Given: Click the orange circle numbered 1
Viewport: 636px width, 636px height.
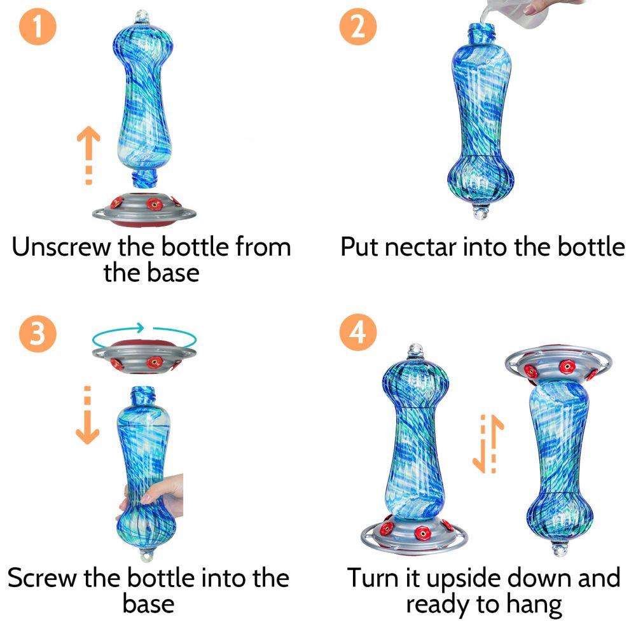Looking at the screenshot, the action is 38,26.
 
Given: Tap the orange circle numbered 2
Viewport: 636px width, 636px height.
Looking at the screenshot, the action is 357,26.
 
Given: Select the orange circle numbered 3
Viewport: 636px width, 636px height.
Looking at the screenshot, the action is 38,333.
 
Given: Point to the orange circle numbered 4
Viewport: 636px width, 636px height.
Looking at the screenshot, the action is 357,332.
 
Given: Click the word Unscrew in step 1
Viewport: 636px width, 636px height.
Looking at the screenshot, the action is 61,247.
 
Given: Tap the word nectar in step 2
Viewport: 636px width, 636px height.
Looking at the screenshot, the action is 420,247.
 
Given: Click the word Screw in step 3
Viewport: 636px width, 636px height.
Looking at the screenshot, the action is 42,577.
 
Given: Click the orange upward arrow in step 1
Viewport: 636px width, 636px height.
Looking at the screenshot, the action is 88,155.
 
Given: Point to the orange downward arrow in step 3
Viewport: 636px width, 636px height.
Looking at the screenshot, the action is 87,415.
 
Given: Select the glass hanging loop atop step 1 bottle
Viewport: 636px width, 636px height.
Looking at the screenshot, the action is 142,17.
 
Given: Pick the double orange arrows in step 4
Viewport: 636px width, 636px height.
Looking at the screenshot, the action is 488,444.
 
